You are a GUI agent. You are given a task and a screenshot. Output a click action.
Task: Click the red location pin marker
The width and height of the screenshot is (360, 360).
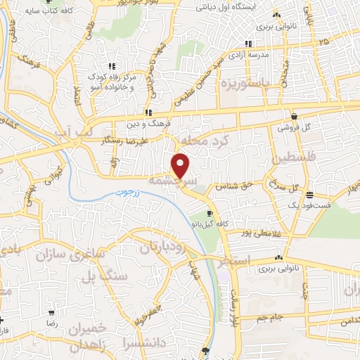(181, 165)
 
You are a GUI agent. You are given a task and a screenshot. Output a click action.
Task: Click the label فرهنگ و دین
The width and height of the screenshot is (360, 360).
(148, 123)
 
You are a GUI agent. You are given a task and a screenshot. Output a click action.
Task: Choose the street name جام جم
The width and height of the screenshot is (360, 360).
(269, 317)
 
